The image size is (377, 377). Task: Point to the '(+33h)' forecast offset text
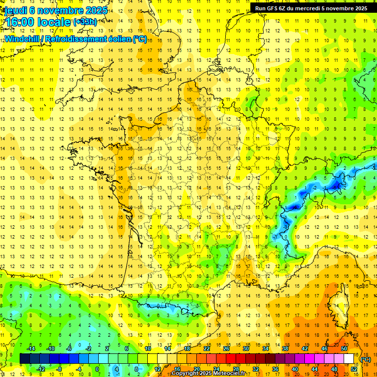point(85,22)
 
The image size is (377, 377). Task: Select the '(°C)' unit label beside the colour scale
point(366,359)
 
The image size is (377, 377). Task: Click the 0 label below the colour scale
point(97,369)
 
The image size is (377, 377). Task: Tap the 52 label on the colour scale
point(353,369)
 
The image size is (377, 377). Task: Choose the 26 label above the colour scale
point(226,349)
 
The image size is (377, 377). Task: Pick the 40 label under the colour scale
point(295,369)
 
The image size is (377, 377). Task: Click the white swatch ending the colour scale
point(349,359)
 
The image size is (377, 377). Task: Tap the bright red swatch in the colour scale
point(231,359)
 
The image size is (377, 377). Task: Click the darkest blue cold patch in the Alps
point(337,185)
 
